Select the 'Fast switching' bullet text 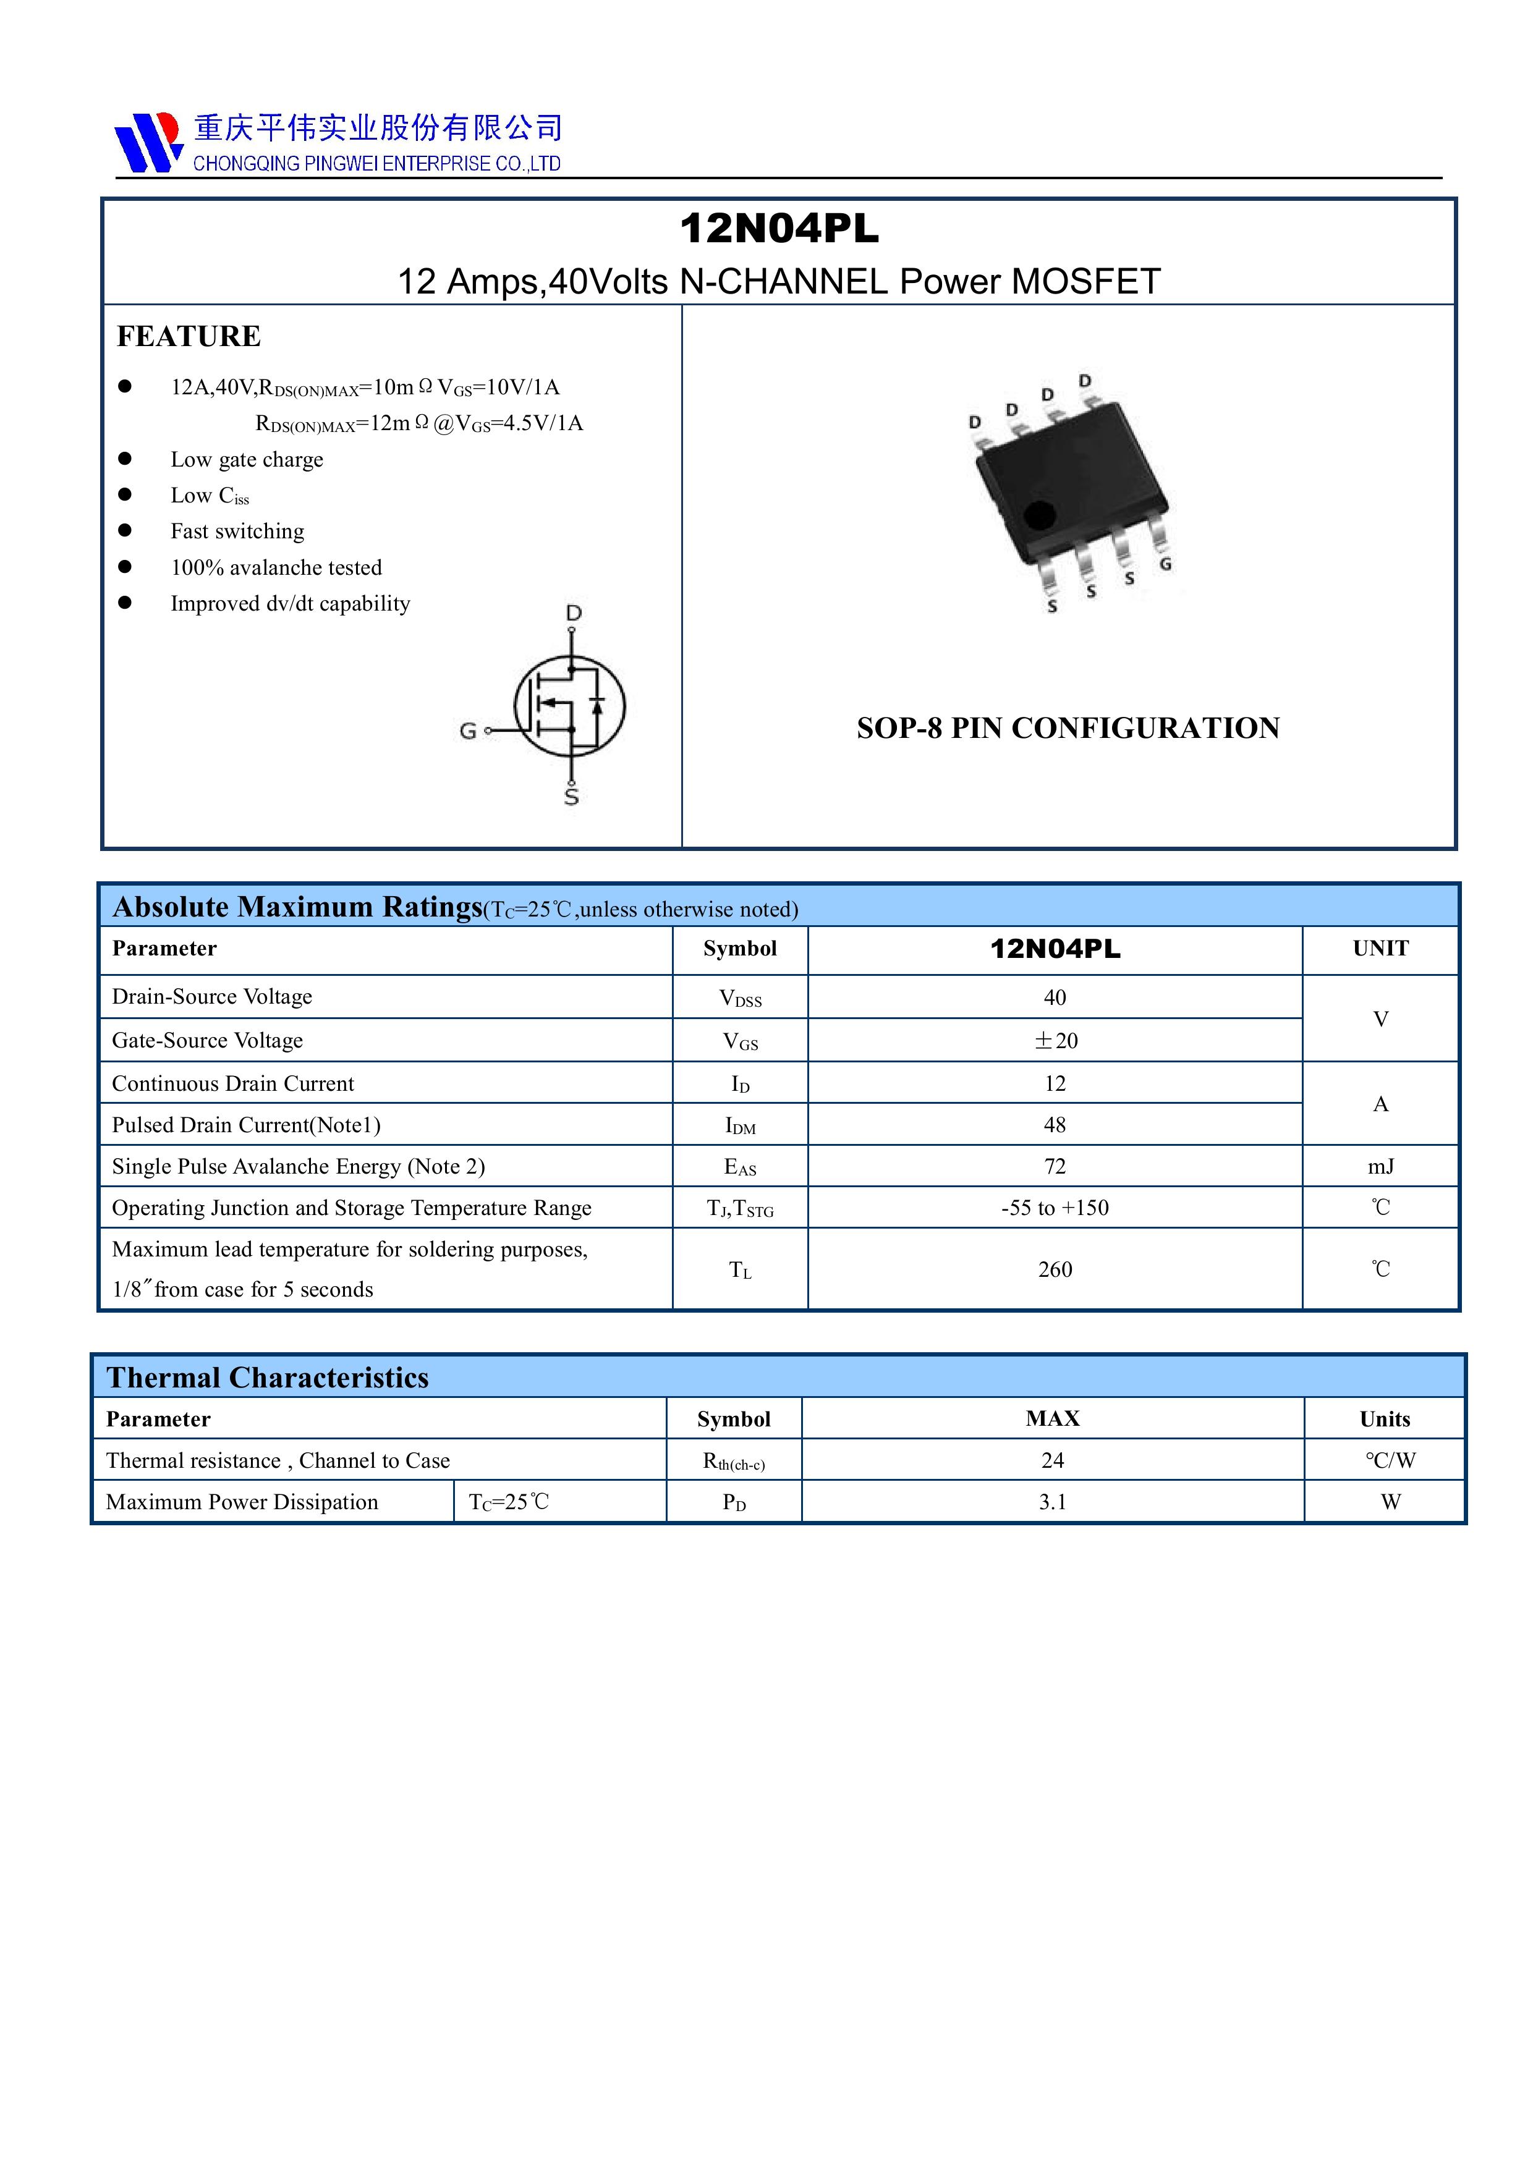(237, 531)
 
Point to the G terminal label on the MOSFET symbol (467, 731)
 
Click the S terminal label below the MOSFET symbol (571, 798)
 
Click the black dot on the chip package (1040, 515)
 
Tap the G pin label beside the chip (1166, 564)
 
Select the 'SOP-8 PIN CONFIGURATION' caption (1068, 728)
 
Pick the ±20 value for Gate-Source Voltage (1055, 1041)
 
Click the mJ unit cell (1380, 1166)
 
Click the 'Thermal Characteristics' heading (267, 1378)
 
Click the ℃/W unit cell (1390, 1461)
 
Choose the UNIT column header (1380, 948)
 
